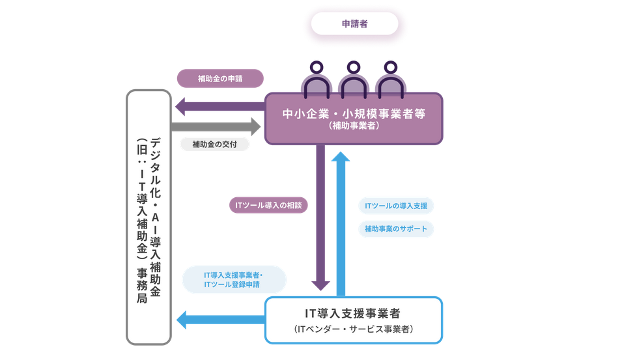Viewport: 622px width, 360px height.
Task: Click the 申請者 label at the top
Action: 354,23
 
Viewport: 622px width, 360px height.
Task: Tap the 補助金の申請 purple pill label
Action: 220,79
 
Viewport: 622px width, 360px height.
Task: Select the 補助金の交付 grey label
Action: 214,144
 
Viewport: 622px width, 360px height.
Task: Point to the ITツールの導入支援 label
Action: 396,206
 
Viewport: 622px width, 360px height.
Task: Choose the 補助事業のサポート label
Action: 396,228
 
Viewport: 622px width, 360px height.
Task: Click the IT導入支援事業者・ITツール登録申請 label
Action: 233,279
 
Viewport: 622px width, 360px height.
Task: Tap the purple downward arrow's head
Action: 320,284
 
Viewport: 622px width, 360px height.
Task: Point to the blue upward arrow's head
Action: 340,157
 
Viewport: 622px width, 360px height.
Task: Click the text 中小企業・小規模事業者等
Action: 354,113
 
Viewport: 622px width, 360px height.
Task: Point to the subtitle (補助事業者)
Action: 354,126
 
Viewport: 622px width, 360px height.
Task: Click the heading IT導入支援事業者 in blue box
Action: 353,313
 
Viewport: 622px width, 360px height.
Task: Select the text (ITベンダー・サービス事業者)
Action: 353,329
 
